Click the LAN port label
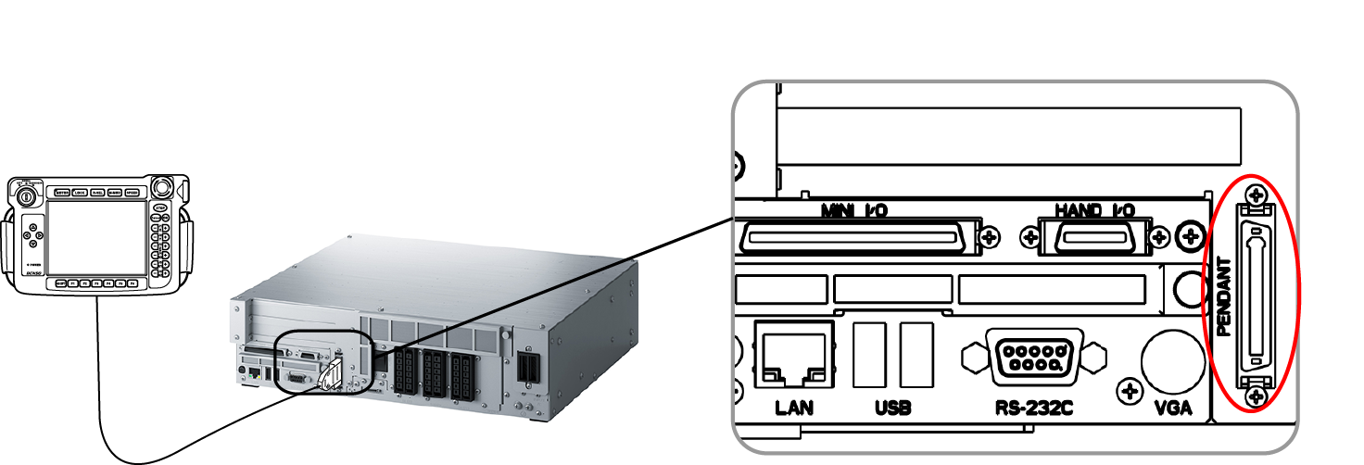click(x=794, y=408)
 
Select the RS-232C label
click(x=1033, y=408)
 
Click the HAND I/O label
click(x=1096, y=210)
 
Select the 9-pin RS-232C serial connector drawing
click(x=1033, y=355)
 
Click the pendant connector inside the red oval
click(x=1256, y=295)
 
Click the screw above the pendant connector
click(x=1256, y=195)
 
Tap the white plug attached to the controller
click(x=329, y=377)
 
